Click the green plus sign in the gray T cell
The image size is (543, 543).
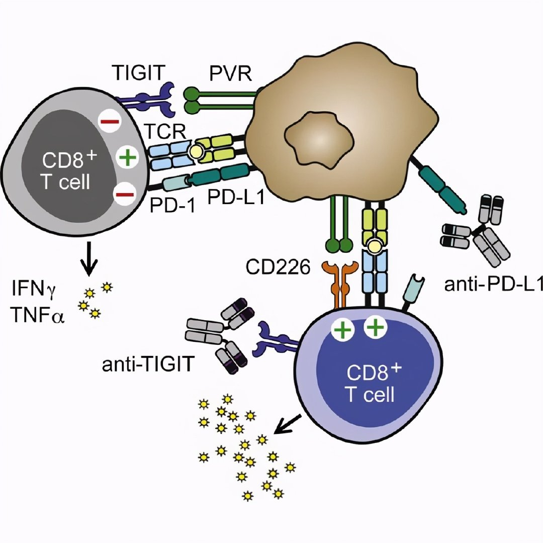pos(127,157)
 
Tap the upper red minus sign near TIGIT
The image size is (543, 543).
pos(108,121)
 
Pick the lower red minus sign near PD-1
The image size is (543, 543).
pos(123,193)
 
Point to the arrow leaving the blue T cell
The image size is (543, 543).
pos(286,425)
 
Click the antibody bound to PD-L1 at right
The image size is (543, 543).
pos(475,235)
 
